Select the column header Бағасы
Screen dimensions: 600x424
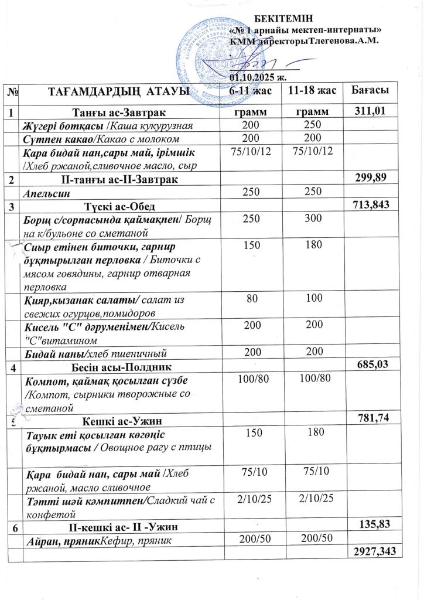[x=370, y=90]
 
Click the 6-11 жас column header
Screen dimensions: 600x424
[x=250, y=91]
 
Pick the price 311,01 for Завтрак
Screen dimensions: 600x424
[x=370, y=110]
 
